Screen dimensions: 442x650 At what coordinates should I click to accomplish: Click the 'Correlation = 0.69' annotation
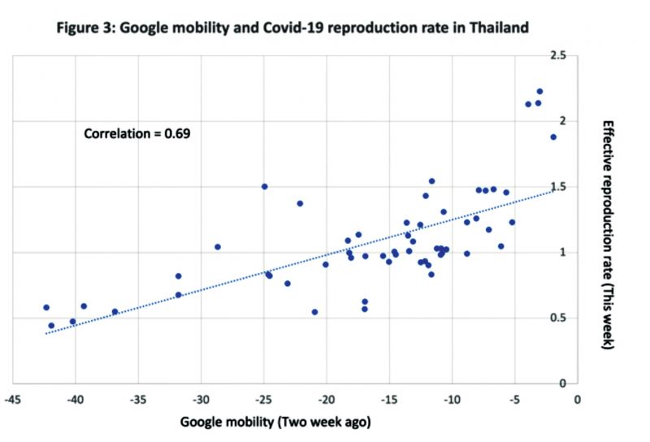pyautogui.click(x=136, y=133)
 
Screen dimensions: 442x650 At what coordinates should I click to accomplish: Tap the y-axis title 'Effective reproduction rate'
pyautogui.click(x=609, y=236)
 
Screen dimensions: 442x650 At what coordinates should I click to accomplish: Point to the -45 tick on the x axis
pyautogui.click(x=13, y=399)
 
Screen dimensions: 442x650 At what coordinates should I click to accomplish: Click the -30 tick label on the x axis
pyautogui.click(x=201, y=399)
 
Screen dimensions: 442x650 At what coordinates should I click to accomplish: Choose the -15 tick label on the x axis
pyautogui.click(x=389, y=399)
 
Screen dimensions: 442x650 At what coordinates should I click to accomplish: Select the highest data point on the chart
pyautogui.click(x=539, y=92)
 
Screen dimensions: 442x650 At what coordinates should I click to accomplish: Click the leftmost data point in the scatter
pyautogui.click(x=46, y=307)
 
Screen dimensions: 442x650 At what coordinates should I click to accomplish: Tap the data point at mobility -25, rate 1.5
pyautogui.click(x=264, y=186)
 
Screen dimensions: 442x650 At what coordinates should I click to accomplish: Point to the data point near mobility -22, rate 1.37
pyautogui.click(x=300, y=203)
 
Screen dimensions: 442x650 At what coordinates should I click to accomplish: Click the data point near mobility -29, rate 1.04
pyautogui.click(x=218, y=247)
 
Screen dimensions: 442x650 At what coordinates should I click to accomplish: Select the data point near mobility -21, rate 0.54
pyautogui.click(x=314, y=312)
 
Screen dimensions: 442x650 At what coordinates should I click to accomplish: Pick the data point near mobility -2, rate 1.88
pyautogui.click(x=553, y=136)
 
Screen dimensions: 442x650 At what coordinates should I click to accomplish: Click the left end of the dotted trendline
pyautogui.click(x=46, y=333)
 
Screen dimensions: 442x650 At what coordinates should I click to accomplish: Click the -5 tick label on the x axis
pyautogui.click(x=514, y=399)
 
